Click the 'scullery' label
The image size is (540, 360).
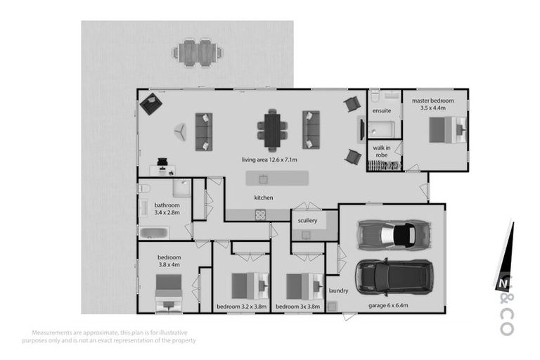coord(307,221)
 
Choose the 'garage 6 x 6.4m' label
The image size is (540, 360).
coord(390,306)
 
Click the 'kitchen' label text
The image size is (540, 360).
coord(264,198)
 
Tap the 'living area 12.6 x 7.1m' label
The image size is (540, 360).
coord(270,160)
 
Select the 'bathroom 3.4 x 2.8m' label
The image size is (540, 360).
coord(167,209)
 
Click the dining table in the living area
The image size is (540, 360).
coord(272,129)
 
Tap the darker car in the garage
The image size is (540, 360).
coord(392,276)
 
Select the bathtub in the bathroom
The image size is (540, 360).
coord(153,233)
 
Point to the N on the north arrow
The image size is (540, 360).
coord(502,283)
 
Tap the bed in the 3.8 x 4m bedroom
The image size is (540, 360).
coord(169,288)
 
